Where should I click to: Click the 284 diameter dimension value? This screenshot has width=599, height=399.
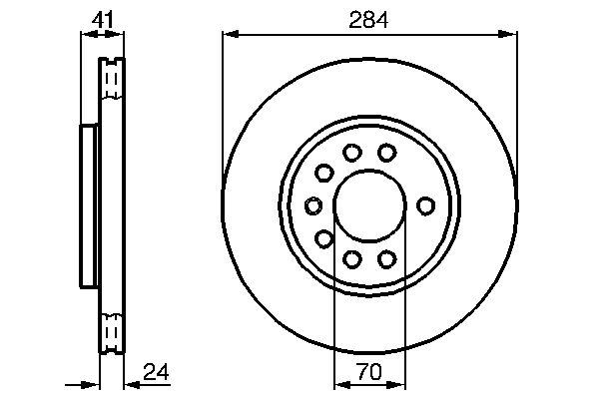click(x=369, y=17)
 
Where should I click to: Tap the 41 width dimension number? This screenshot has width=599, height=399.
click(x=102, y=17)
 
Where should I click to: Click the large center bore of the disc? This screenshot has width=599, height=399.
click(x=369, y=205)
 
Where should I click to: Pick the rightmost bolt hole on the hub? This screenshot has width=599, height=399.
click(x=425, y=205)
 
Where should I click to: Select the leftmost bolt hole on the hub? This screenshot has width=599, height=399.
click(x=313, y=205)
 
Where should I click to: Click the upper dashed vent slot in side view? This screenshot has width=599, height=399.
click(x=112, y=81)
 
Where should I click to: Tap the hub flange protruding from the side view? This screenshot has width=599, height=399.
click(x=88, y=205)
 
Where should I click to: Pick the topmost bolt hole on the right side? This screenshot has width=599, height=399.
click(x=387, y=152)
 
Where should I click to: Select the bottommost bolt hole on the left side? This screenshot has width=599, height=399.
click(x=351, y=259)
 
